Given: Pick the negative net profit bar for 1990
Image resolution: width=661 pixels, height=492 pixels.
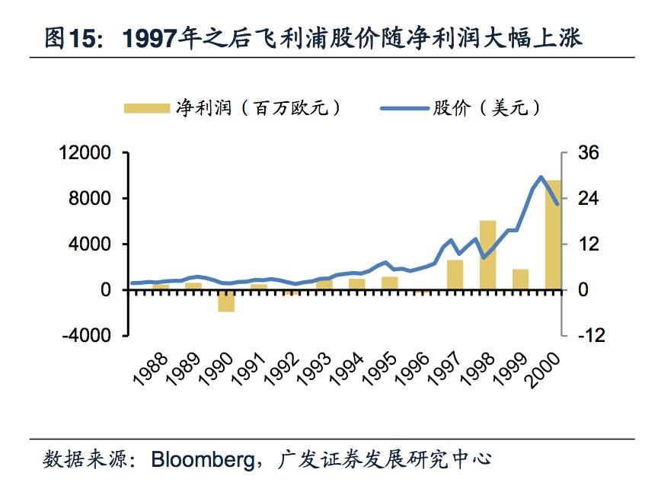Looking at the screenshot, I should tap(226, 301).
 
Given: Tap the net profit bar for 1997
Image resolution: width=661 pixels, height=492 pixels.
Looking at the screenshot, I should tap(455, 275).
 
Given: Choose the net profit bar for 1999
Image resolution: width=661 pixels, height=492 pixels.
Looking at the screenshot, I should tap(520, 280).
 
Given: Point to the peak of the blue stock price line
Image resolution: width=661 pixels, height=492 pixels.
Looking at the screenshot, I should tap(541, 177).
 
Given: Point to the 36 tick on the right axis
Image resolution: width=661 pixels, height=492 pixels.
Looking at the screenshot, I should tap(589, 153).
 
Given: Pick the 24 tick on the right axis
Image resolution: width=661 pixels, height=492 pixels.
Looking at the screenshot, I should tap(589, 199).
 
